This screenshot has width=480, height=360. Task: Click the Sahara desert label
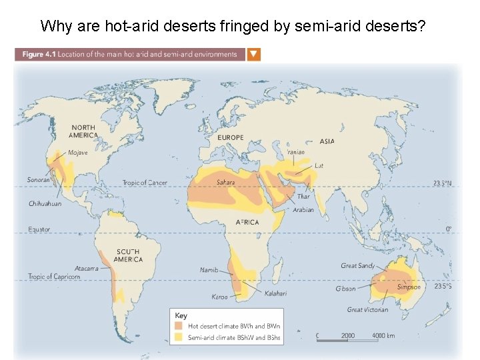click(x=225, y=182)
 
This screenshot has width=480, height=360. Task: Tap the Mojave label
click(x=78, y=153)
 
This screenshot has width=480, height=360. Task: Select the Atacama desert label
click(x=86, y=269)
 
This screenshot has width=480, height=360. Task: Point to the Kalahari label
click(x=276, y=293)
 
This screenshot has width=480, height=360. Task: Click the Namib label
click(x=209, y=270)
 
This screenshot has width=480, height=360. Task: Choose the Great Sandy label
click(x=358, y=266)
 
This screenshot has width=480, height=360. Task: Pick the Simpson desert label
click(x=409, y=287)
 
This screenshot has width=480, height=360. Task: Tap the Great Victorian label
click(x=367, y=309)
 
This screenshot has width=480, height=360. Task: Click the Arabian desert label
click(x=303, y=209)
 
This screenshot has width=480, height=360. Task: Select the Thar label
click(x=303, y=197)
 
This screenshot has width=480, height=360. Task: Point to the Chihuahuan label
click(x=45, y=203)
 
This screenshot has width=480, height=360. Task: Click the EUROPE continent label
click(x=231, y=138)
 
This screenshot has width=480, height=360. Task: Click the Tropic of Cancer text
click(x=145, y=183)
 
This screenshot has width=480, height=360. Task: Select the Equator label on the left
click(x=39, y=229)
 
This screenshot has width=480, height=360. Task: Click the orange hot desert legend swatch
click(x=179, y=327)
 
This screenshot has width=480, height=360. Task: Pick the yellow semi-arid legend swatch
click(x=179, y=338)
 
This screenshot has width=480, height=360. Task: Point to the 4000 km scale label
click(x=383, y=335)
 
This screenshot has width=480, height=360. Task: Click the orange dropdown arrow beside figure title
click(x=254, y=55)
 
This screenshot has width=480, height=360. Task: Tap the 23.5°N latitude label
click(x=442, y=183)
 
